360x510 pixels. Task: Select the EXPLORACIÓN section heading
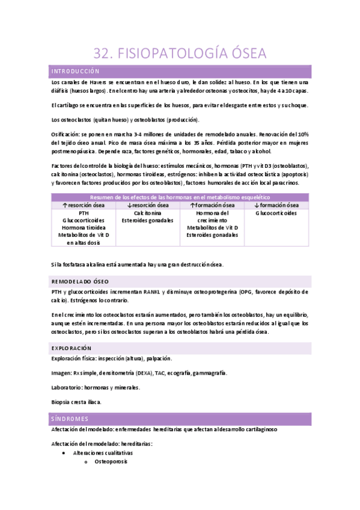point(72,348)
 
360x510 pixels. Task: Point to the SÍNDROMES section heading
point(70,418)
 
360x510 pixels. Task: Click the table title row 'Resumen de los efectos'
point(180,197)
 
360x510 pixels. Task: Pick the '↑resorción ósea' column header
point(83,205)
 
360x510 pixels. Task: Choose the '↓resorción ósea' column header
point(147,205)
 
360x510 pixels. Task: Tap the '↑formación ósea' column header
point(212,205)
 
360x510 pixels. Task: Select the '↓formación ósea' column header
point(276,205)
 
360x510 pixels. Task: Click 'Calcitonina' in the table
point(147,213)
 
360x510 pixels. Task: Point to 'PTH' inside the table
point(83,213)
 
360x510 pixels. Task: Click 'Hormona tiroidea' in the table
point(83,227)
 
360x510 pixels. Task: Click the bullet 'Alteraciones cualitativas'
point(103,453)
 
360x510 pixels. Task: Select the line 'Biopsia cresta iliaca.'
point(76,401)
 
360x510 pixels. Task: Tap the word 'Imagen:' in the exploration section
point(62,373)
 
